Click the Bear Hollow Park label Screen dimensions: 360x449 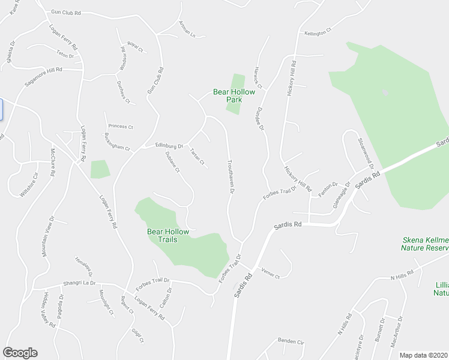coord(234,96)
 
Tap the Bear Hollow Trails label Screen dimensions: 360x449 coord(168,235)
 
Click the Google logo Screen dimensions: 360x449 coord(20,353)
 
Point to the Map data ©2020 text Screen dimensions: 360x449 coord(423,355)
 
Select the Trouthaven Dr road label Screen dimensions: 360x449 coord(230,176)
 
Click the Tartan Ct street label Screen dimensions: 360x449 coord(197,157)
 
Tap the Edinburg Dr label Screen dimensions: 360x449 coord(169,145)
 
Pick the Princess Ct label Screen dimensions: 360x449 coord(121,127)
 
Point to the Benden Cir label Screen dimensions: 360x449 coord(291,341)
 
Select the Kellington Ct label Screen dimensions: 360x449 coord(318,33)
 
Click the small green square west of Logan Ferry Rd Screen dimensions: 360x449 coord(100,169)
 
